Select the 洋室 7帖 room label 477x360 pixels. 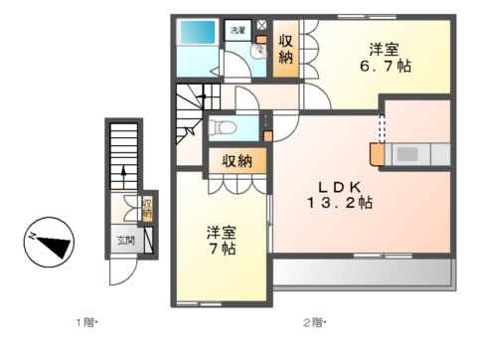(x=222, y=240)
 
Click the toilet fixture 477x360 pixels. (x=222, y=126)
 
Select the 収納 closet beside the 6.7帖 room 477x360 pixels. (x=286, y=49)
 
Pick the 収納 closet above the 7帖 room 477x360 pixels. (x=237, y=161)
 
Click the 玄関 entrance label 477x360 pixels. (x=125, y=241)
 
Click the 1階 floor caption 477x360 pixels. (x=88, y=322)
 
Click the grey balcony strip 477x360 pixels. (x=363, y=270)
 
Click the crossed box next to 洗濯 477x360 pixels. (x=261, y=27)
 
